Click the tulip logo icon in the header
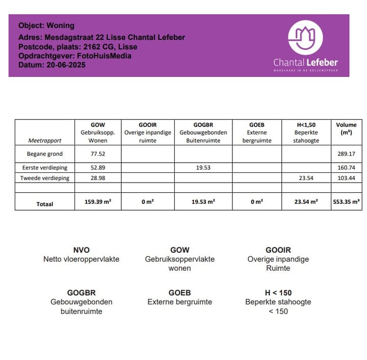pos(305,37)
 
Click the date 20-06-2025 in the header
pos(67,65)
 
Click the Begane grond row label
pos(45,153)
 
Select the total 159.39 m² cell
pos(98,202)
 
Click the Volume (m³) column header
pos(346,128)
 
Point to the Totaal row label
pos(45,203)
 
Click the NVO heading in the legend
pos(81,250)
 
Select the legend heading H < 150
pos(278,293)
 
